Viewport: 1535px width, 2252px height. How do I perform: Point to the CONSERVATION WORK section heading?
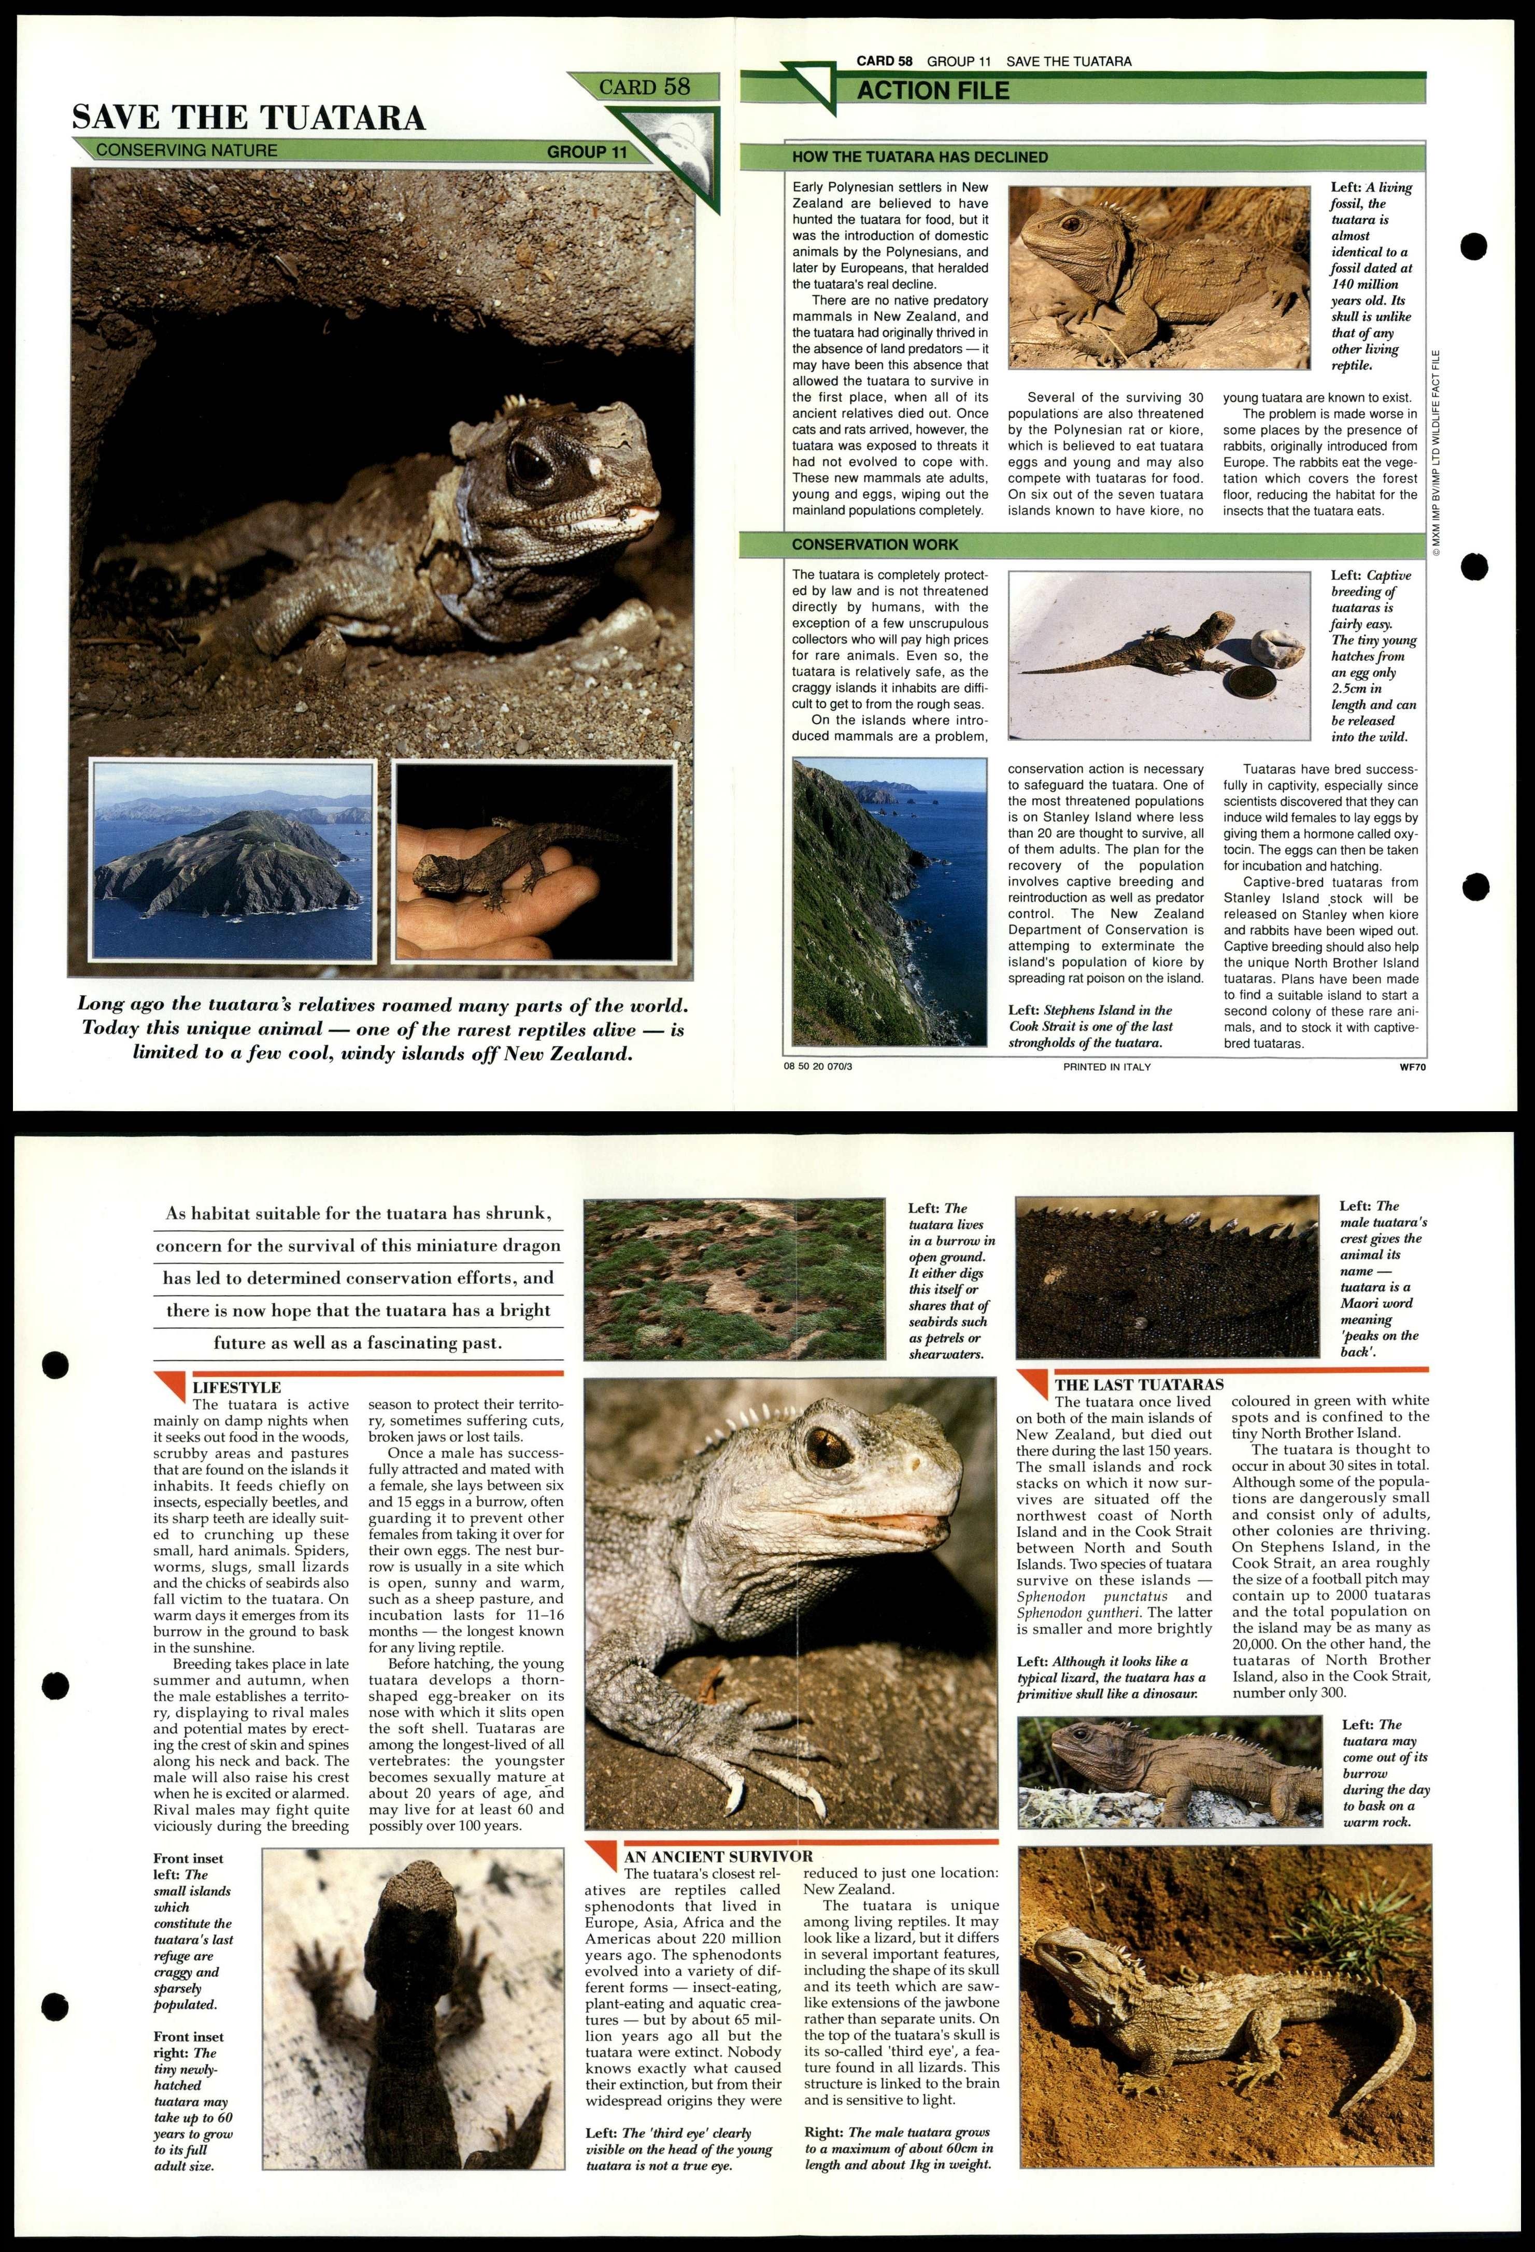point(874,544)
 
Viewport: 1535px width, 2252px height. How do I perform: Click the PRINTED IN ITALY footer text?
point(1106,1067)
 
